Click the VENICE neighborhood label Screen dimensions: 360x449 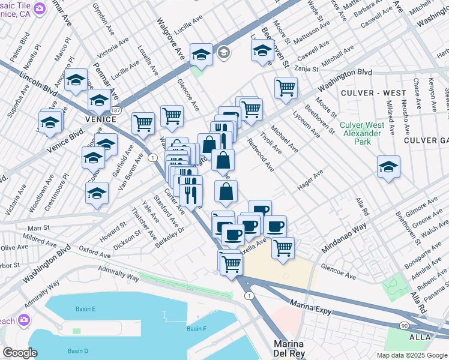pos(100,119)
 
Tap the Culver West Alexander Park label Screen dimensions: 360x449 pos(362,133)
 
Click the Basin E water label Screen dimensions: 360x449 pos(85,309)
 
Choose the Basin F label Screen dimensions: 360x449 pos(196,328)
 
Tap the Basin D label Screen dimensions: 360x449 pos(78,351)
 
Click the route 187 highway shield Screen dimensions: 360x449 pos(116,112)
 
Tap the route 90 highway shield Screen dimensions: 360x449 pos(405,325)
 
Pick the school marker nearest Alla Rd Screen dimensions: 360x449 pos(388,166)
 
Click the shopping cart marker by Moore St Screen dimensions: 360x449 pos(286,88)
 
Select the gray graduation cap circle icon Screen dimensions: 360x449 pos(223,53)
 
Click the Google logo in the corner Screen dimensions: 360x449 pos(20,353)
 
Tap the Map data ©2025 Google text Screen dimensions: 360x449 pos(411,355)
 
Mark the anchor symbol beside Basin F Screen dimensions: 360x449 pos(164,315)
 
